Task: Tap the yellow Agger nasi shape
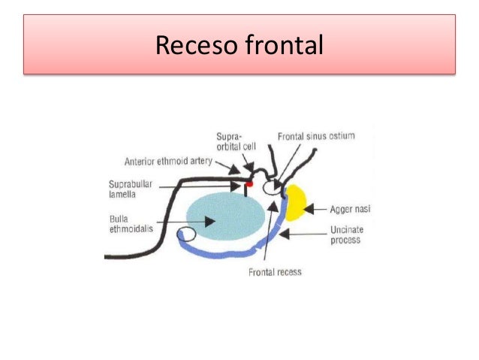coord(295,202)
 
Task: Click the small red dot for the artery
coord(249,183)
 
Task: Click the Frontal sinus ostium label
coord(315,136)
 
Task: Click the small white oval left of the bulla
coord(185,235)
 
